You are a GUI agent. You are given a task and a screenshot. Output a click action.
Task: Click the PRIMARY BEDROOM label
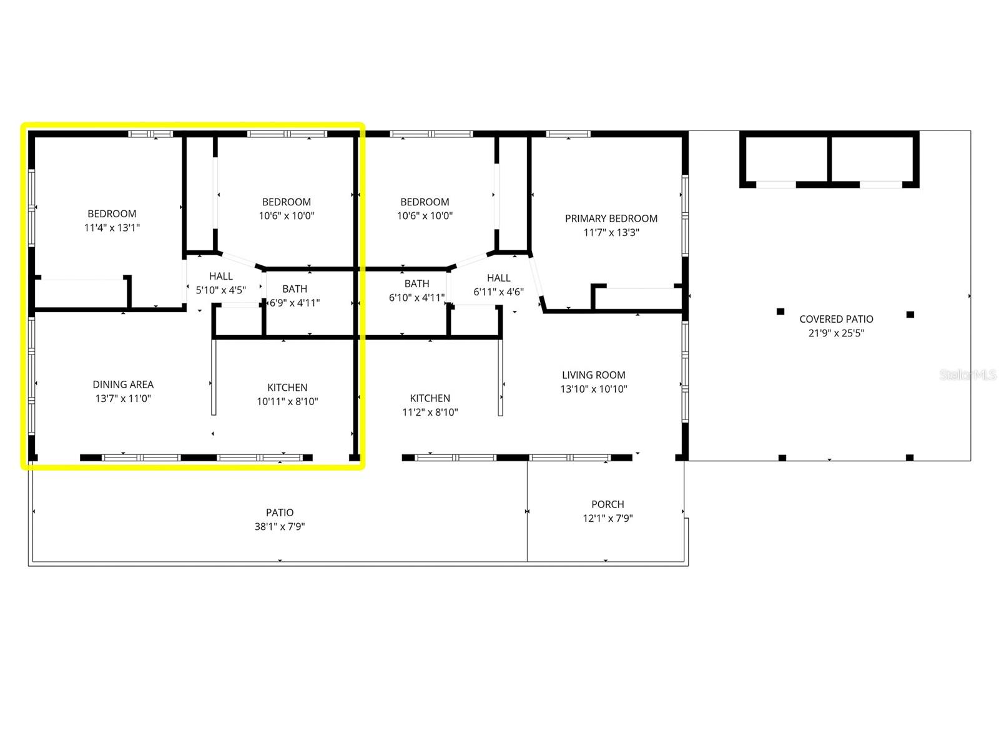click(611, 218)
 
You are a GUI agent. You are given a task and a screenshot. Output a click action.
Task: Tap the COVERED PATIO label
click(836, 319)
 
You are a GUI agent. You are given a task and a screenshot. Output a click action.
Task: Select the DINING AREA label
click(123, 384)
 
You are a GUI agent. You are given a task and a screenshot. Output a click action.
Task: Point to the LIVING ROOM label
click(593, 375)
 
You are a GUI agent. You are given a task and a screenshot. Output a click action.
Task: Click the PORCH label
click(608, 504)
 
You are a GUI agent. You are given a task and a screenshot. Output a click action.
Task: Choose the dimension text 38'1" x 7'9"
click(279, 526)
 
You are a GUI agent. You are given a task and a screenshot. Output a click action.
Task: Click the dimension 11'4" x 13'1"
click(112, 228)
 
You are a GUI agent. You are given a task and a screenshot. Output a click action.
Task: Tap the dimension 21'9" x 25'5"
click(836, 333)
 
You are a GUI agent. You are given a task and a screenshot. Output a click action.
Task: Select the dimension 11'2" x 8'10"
click(430, 412)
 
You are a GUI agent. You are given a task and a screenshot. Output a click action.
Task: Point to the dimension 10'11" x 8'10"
click(287, 401)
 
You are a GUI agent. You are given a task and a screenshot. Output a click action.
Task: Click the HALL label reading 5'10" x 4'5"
click(221, 276)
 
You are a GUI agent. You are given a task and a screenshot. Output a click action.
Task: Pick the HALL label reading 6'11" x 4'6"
click(498, 278)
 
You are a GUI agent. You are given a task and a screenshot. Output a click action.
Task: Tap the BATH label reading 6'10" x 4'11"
click(416, 284)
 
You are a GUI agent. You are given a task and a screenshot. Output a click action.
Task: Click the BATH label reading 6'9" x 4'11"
click(295, 289)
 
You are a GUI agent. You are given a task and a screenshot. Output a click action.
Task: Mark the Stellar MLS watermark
click(968, 374)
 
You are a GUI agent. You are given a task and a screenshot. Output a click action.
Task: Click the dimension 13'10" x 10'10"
click(593, 389)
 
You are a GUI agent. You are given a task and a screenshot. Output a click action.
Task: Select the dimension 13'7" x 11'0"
click(123, 398)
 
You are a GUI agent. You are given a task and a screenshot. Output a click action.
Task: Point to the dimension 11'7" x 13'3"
click(611, 233)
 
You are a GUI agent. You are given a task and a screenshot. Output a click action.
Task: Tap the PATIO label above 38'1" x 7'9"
click(279, 512)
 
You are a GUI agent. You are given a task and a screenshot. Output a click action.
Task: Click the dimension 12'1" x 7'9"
click(608, 518)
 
